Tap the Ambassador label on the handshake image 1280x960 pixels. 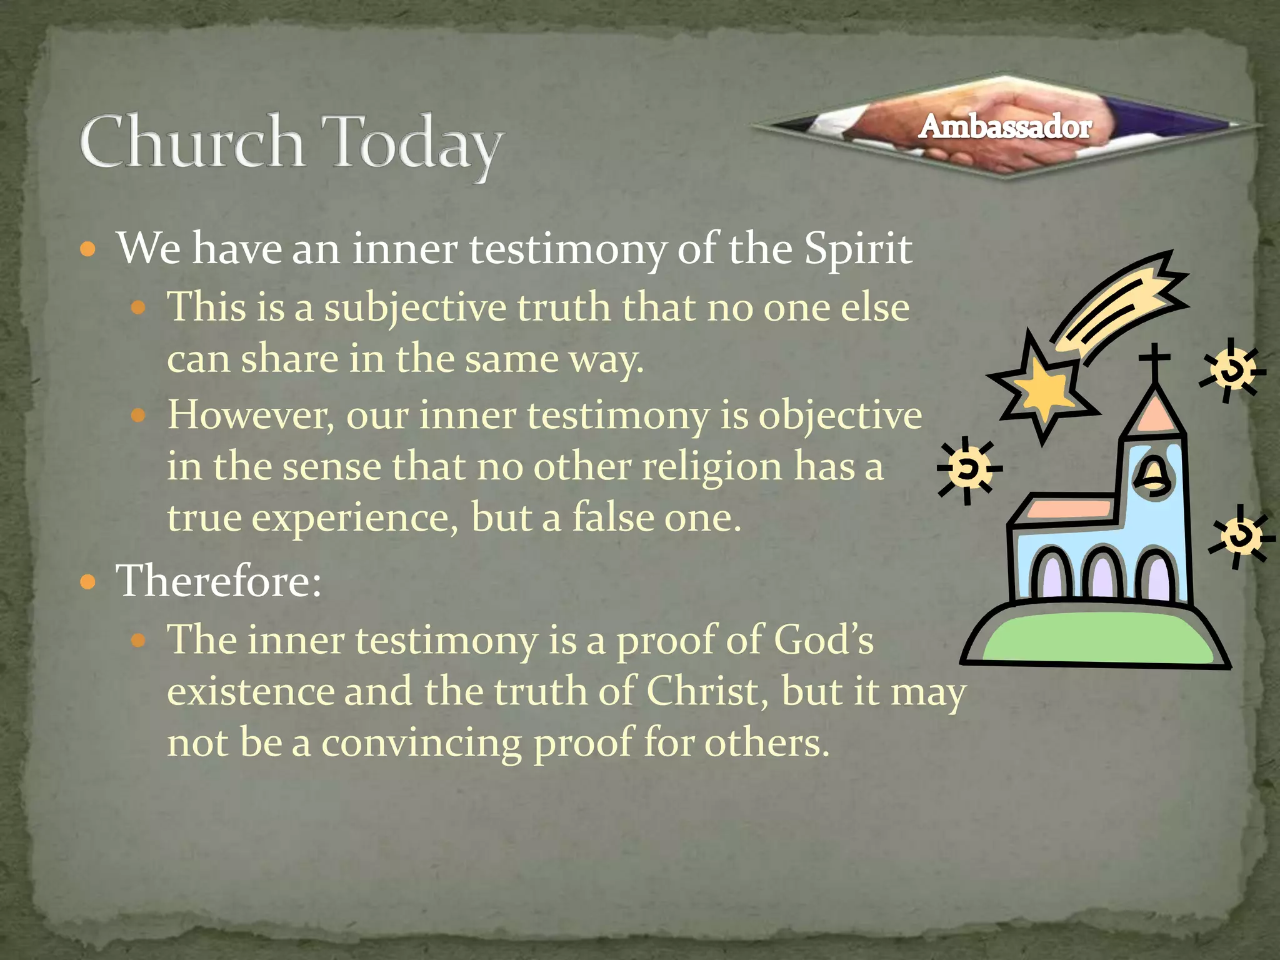pos(1005,127)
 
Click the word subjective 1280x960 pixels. pos(415,309)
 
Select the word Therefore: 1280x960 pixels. pos(219,581)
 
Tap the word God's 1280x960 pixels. pos(823,641)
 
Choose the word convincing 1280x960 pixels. pos(421,744)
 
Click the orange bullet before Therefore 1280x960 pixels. pos(88,582)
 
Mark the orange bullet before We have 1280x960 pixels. pos(88,250)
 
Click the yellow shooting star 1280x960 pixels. pos(1042,389)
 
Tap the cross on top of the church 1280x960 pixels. pos(1154,361)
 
